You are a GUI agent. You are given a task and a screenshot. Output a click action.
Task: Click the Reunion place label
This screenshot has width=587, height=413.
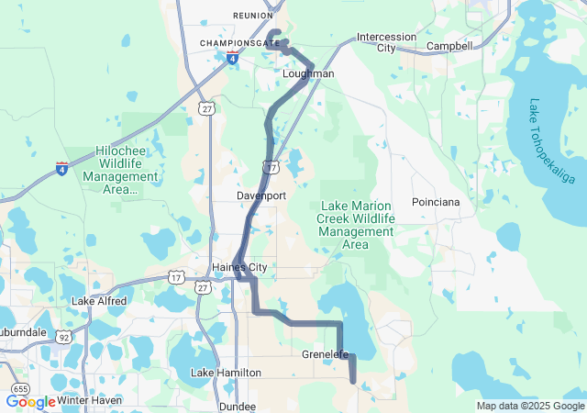[253, 16]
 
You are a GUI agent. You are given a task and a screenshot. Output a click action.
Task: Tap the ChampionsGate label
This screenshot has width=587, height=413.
[241, 43]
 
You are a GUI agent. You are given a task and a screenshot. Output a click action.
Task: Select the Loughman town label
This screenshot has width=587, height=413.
[308, 73]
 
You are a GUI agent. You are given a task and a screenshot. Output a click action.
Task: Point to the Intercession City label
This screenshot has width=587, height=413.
[386, 43]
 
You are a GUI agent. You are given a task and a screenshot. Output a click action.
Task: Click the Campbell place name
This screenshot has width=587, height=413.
[449, 46]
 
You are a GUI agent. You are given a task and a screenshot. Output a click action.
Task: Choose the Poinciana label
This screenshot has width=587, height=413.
[436, 201]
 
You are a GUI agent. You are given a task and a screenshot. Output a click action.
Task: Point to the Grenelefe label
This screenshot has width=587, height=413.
[326, 353]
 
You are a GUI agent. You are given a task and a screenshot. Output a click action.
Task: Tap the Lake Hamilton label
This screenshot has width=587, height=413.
[226, 373]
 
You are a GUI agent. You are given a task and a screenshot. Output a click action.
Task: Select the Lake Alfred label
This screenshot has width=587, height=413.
[103, 301]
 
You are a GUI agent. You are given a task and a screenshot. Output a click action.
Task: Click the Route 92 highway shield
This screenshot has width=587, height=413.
[64, 337]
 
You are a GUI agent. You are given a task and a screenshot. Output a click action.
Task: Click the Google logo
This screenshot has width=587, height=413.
[30, 402]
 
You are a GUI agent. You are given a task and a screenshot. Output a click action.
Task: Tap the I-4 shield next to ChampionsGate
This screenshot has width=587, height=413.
[232, 59]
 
